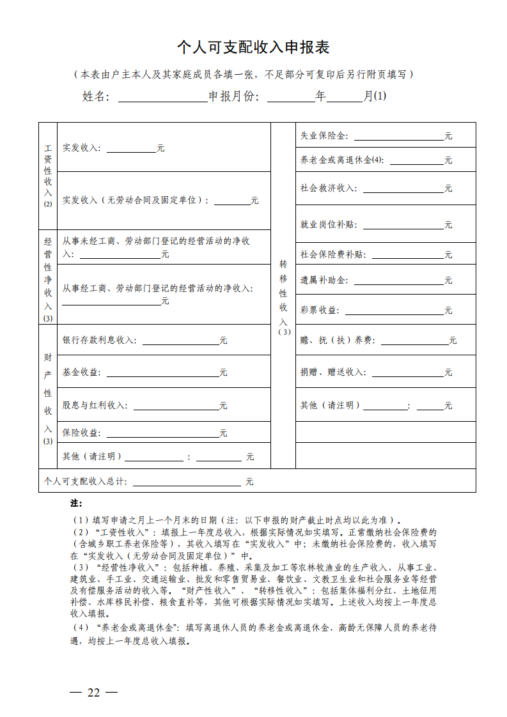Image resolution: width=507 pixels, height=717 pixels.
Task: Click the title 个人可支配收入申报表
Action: point(253,48)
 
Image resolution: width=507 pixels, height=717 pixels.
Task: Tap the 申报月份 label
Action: point(234,96)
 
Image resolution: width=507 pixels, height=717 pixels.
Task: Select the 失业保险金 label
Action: point(324,136)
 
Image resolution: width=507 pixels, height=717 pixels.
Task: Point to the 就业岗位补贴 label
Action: point(328,225)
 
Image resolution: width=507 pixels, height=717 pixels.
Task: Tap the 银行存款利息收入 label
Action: point(99,341)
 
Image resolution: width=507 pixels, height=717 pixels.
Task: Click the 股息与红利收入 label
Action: point(95,405)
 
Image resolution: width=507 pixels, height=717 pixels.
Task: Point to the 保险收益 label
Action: point(81,433)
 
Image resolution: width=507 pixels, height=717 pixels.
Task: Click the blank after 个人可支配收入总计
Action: point(187,482)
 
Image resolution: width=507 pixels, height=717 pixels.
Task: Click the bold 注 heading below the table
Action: point(76,504)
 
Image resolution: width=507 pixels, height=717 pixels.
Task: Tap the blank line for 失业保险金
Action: point(398,137)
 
